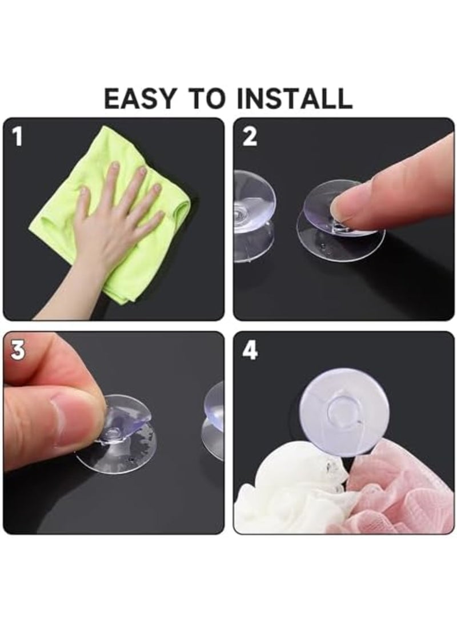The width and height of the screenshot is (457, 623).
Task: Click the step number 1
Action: coord(18,137)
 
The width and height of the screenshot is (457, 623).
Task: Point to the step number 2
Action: coord(250,137)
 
